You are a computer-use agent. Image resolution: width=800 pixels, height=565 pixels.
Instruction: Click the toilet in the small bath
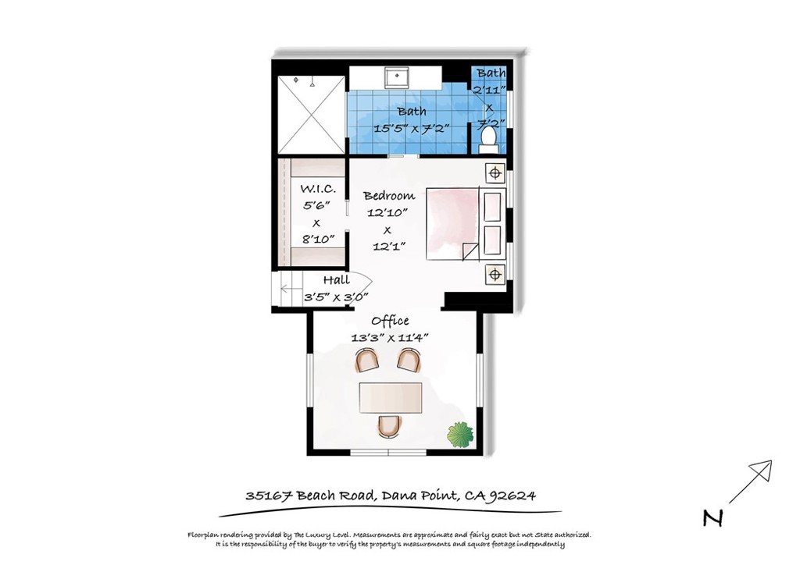pos(489,138)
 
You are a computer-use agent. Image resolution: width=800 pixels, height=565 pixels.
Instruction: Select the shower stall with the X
pos(309,115)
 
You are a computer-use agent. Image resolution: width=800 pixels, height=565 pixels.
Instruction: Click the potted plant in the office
pos(460,434)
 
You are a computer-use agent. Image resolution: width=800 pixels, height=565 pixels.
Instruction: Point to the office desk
pos(390,397)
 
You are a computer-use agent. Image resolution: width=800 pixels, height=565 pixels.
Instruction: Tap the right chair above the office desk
pos(409,360)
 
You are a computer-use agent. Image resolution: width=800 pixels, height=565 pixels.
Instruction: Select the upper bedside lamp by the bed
pos(494,172)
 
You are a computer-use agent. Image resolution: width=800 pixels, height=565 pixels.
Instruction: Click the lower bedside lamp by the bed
pos(494,274)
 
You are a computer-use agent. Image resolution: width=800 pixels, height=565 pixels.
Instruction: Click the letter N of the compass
pos(712,518)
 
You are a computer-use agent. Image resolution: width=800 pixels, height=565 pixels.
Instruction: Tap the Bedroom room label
pos(389,196)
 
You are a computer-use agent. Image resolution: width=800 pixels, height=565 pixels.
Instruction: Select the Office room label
pos(390,321)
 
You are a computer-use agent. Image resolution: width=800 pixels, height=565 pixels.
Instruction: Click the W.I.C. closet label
pos(318,189)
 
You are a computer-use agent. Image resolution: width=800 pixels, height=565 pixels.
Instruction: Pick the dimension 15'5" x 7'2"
pos(411,128)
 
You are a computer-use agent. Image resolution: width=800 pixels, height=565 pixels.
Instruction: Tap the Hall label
pos(337,280)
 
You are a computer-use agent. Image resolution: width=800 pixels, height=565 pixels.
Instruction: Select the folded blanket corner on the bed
pos(470,251)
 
